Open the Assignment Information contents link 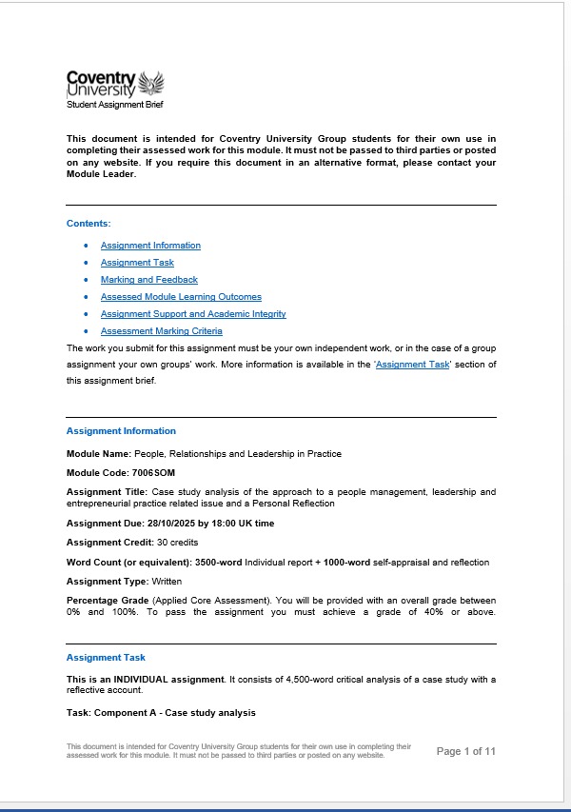pyautogui.click(x=150, y=246)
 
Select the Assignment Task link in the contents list pyautogui.click(x=137, y=263)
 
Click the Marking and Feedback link pyautogui.click(x=149, y=280)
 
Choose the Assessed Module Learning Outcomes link pyautogui.click(x=181, y=297)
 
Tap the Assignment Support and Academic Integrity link pyautogui.click(x=193, y=314)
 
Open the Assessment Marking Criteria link pyautogui.click(x=162, y=331)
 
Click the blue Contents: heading pyautogui.click(x=89, y=223)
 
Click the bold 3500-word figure pyautogui.click(x=216, y=563)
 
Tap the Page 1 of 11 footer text pyautogui.click(x=466, y=752)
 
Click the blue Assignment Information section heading pyautogui.click(x=121, y=431)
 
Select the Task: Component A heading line pyautogui.click(x=161, y=712)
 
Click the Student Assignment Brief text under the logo pyautogui.click(x=108, y=104)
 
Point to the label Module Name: pyautogui.click(x=98, y=454)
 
